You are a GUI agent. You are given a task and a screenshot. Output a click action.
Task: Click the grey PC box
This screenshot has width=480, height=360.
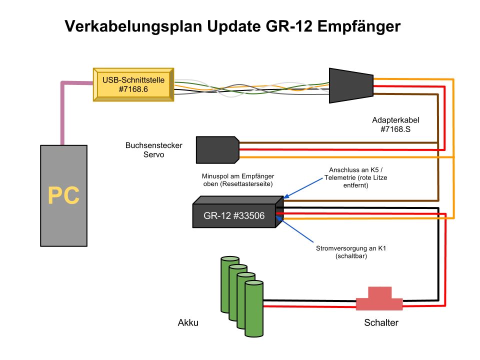(63, 195)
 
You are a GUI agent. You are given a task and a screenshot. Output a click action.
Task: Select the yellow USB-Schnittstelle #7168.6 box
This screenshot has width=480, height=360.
(133, 84)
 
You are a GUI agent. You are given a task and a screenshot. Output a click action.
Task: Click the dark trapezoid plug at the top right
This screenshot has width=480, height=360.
(350, 85)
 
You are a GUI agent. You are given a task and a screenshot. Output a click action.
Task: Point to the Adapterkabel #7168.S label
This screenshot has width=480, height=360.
(395, 124)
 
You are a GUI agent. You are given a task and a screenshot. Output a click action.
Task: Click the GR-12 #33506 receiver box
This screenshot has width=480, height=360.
(234, 216)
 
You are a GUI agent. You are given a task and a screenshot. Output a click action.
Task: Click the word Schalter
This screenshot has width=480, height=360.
(381, 322)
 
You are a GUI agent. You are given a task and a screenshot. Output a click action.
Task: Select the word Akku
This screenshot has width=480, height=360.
(188, 322)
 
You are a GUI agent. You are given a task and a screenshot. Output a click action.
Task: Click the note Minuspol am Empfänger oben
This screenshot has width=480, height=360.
(238, 181)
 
